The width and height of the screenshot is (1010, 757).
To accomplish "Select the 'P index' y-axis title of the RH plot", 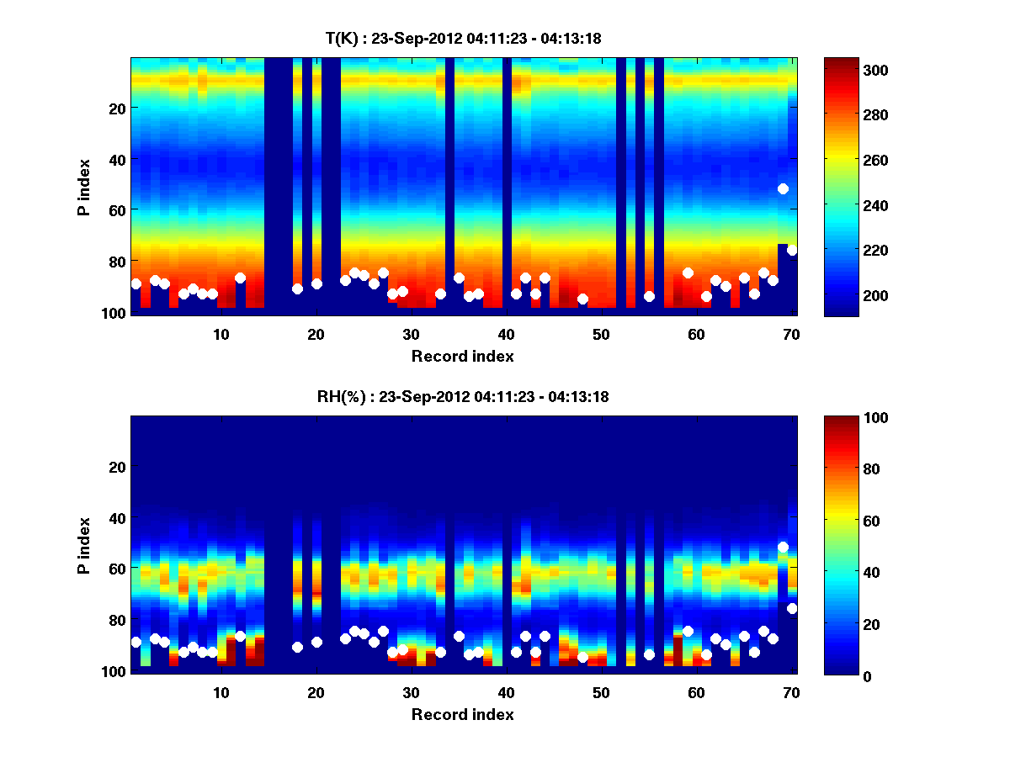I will coord(84,545).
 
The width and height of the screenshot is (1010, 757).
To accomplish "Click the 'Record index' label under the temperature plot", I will coord(462,357).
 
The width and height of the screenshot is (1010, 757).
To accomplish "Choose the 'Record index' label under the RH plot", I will coord(462,715).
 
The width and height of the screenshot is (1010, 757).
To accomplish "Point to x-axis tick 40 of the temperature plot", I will coord(506,334).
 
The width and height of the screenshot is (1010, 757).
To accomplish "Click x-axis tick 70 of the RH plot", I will coord(791,692).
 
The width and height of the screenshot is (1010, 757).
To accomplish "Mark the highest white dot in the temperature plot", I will coord(783,189).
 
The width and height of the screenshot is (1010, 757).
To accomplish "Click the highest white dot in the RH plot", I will coord(783,548).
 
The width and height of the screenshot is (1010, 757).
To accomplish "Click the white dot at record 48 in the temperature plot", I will coord(582,299).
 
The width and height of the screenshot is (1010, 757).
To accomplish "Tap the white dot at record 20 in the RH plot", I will coord(316,642).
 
